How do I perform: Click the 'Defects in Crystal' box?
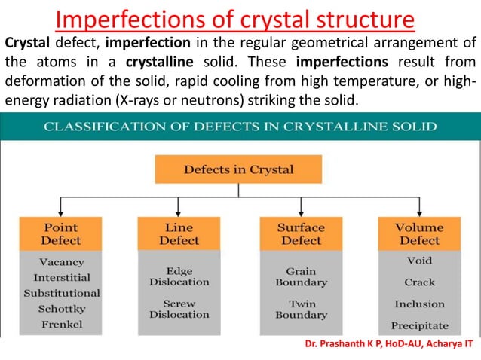pos(238,169)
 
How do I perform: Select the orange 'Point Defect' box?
pos(61,233)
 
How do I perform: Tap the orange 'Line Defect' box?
pos(179,233)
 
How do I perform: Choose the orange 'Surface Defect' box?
pos(301,233)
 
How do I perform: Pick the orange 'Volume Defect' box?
pos(419,233)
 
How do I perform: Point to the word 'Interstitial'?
pos(61,277)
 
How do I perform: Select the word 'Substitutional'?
pos(61,293)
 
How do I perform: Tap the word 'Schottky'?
pos(61,309)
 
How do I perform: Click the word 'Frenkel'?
pos(61,325)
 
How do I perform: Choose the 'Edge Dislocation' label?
pos(179,276)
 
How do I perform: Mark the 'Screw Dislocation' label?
pos(179,309)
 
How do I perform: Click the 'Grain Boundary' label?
pos(301,276)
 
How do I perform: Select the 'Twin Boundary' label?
pos(301,310)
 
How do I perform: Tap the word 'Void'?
pos(419,261)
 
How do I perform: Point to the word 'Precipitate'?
pos(419,326)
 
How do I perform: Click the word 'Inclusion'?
pos(419,304)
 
